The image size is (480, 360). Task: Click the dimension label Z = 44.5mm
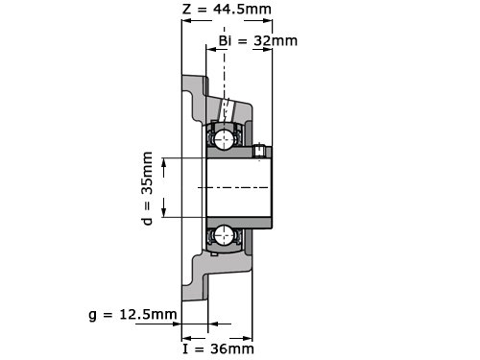pos(227,9)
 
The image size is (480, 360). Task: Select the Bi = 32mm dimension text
pos(258,40)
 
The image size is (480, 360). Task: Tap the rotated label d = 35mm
pos(147,188)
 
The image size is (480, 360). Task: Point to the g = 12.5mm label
pos(132,315)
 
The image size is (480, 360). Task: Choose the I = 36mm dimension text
pos(218,348)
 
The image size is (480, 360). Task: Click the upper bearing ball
pos(224,139)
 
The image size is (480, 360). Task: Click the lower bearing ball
pos(224,235)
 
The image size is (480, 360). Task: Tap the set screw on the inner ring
pos(259,151)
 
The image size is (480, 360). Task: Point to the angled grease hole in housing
pos(227,110)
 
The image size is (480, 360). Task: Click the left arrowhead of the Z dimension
pos(186,21)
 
